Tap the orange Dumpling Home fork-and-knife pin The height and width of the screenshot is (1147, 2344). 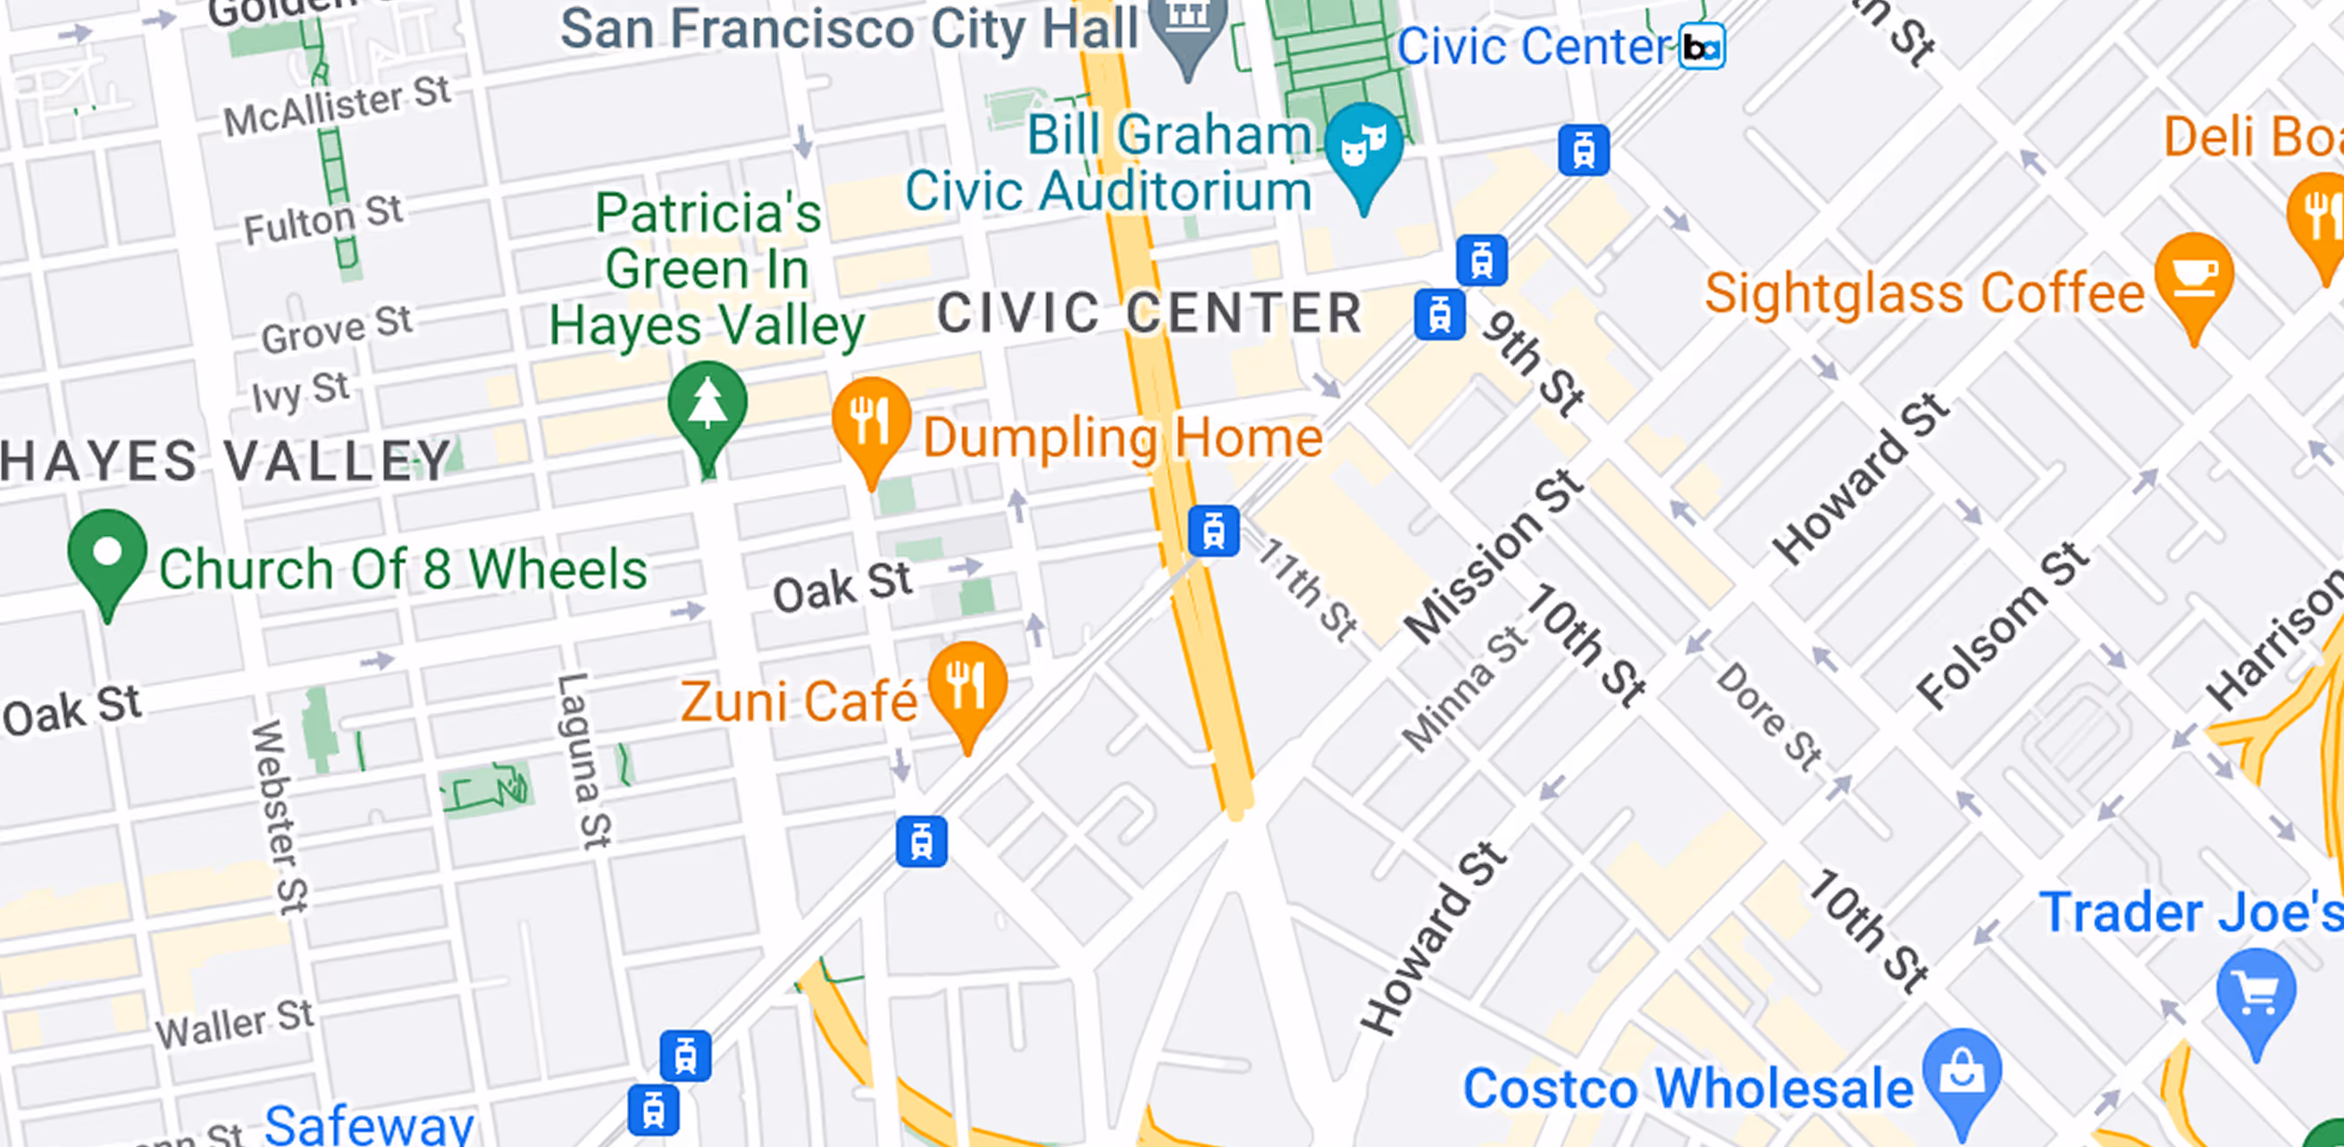pyautogui.click(x=871, y=419)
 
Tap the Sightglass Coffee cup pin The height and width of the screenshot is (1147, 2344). pyautogui.click(x=2194, y=275)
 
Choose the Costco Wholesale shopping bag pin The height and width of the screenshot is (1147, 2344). pyautogui.click(x=1962, y=1073)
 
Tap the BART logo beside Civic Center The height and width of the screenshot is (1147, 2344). pyautogui.click(x=1702, y=46)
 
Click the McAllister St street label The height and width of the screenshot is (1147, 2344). pyautogui.click(x=338, y=105)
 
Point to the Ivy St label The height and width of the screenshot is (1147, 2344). pyautogui.click(x=300, y=392)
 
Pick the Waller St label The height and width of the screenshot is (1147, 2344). pyautogui.click(x=235, y=1024)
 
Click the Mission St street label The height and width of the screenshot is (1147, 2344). pyautogui.click(x=1494, y=557)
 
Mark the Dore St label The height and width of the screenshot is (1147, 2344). pyautogui.click(x=1768, y=716)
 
